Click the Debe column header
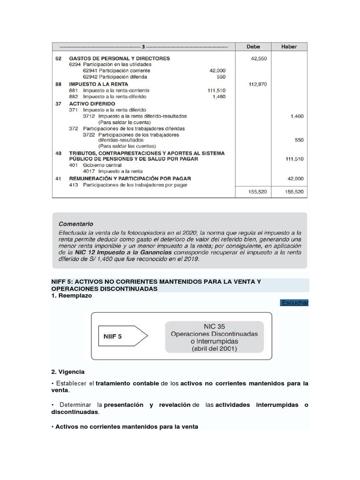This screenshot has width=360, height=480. [254, 46]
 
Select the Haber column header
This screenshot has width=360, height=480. [289, 46]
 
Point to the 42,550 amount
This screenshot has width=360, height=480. [259, 59]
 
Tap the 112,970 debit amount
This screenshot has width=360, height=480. [257, 85]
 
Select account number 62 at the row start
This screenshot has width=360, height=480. [59, 59]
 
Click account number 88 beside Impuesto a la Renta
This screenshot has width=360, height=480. [59, 84]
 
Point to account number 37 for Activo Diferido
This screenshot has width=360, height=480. [59, 104]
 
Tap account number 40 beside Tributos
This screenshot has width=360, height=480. [59, 153]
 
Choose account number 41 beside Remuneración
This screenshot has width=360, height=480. [59, 179]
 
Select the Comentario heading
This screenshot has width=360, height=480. [76, 224]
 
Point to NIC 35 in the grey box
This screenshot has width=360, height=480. [214, 325]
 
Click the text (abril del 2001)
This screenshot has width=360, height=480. [214, 349]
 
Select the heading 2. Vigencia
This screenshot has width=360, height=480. [68, 372]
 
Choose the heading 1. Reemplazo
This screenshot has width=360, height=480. [71, 296]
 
